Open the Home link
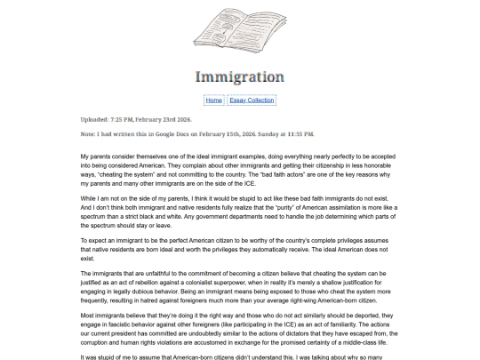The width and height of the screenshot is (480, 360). [x=213, y=100]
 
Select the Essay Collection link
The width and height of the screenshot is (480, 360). [x=252, y=100]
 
